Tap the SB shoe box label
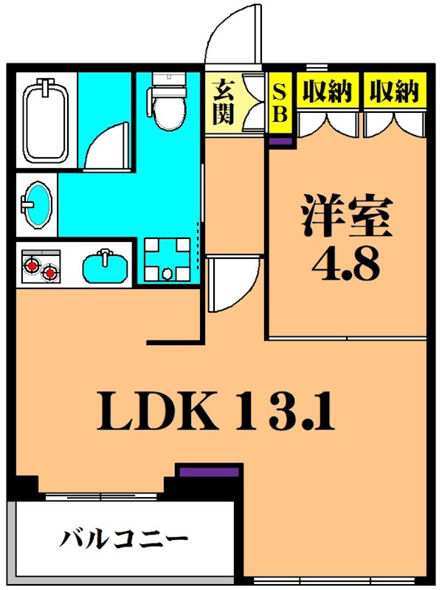[x=280, y=103]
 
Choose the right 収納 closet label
[x=394, y=91]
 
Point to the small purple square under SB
[x=281, y=139]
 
